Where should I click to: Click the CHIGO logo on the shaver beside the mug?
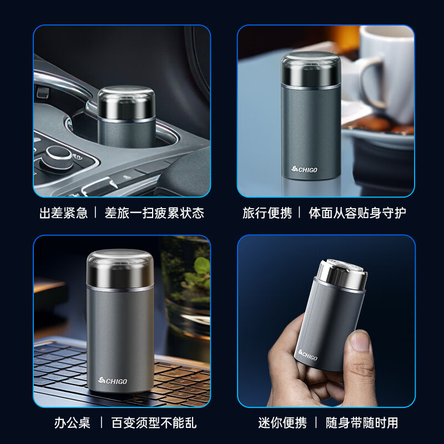click(304, 169)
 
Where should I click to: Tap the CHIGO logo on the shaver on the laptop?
click(113, 381)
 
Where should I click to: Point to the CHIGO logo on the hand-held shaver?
click(308, 355)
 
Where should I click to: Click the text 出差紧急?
click(64, 213)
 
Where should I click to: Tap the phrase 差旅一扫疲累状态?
click(154, 213)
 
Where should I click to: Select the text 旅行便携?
click(267, 213)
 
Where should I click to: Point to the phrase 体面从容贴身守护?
click(357, 213)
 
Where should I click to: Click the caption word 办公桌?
click(72, 423)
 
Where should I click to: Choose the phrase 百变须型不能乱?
click(154, 423)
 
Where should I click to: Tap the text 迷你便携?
click(282, 423)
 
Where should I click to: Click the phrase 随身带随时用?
click(362, 423)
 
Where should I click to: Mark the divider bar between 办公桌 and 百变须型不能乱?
click(101, 423)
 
